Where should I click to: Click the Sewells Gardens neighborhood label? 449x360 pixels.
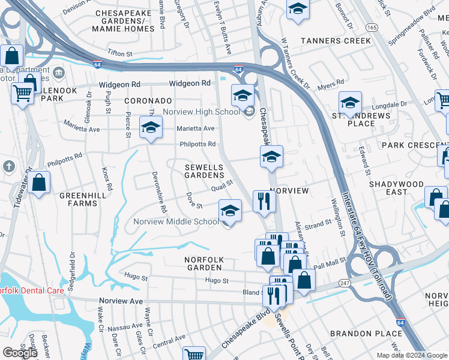tap(203, 171)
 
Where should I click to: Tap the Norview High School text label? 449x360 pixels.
tap(210, 112)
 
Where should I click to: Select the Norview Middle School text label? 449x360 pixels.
tap(176, 221)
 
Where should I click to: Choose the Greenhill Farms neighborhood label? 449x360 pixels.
tap(78, 199)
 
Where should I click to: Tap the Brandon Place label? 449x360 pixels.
tap(366, 333)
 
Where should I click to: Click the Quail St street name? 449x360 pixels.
tap(221, 188)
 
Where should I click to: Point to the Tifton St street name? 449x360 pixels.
tap(120, 54)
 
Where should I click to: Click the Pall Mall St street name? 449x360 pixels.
tap(327, 264)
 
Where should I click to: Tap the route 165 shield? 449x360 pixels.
tap(372, 28)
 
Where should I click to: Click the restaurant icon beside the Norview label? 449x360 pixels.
tap(264, 201)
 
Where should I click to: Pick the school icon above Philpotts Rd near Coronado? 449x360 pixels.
tap(151, 127)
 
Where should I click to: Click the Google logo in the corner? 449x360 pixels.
tap(20, 353)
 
